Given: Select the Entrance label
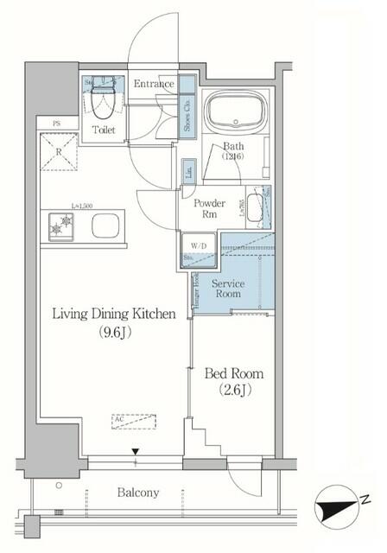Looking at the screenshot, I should coord(155,84).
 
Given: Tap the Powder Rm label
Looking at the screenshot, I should coord(216,209).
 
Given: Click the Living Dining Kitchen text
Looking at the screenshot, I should coord(118,315).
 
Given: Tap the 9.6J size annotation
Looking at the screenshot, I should coord(118,332).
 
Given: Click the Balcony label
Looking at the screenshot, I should coord(138,493).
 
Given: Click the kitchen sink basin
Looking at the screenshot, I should coord(106,228).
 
